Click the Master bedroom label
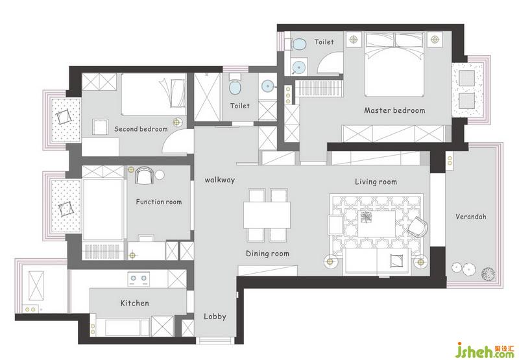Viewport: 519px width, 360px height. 394,110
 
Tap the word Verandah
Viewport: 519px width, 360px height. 471,217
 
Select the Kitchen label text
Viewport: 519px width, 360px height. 134,303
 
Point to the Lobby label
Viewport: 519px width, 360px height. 215,317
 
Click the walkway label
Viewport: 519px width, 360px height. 220,180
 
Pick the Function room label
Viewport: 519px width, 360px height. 158,202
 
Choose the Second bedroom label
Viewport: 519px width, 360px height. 141,128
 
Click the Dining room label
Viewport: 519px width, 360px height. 267,254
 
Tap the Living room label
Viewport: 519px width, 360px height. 376,182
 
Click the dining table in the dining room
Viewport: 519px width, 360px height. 267,215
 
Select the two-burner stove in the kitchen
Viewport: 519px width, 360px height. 139,279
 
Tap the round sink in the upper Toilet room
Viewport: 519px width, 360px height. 300,67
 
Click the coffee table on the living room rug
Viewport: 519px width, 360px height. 376,224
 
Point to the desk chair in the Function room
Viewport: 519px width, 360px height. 145,175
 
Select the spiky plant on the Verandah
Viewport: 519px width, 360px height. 489,274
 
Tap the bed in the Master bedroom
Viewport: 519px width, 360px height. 394,64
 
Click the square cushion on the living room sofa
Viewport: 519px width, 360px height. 396,260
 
